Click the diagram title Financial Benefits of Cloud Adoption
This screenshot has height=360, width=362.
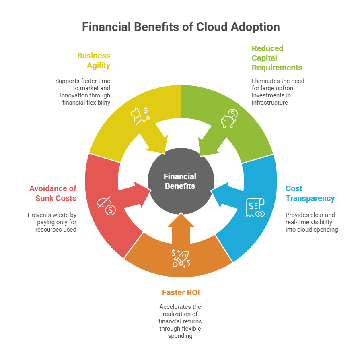click(x=181, y=27)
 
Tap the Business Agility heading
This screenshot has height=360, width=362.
click(x=93, y=60)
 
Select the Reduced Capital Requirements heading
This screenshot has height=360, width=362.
click(x=277, y=58)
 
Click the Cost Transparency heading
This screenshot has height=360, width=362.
click(x=310, y=193)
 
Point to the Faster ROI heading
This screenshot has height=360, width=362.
click(x=181, y=292)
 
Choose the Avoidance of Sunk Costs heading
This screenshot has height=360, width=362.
click(x=53, y=193)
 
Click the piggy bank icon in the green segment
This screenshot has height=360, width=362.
click(x=229, y=120)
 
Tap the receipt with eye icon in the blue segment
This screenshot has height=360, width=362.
click(x=255, y=208)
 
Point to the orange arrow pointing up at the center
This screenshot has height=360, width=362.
click(x=181, y=228)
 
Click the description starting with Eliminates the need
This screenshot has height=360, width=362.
click(x=278, y=92)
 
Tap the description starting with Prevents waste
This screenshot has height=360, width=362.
click(x=52, y=222)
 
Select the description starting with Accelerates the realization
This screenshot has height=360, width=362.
click(x=180, y=321)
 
